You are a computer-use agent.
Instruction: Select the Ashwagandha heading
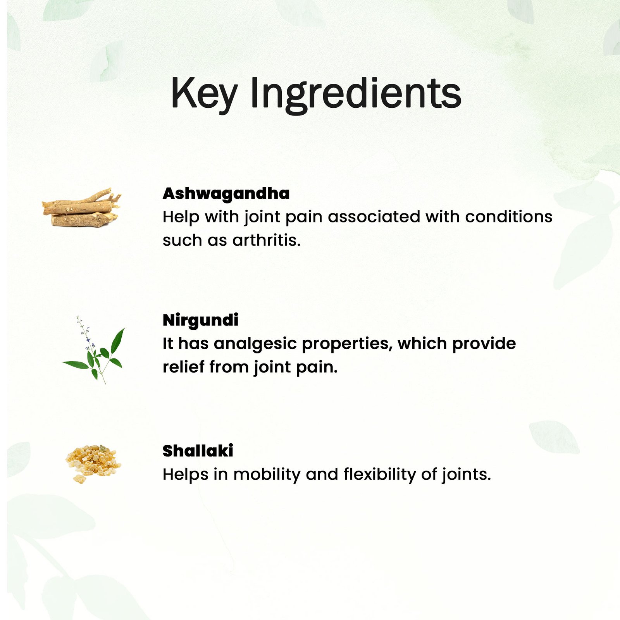[226, 193]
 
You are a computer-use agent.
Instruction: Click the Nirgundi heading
[200, 320]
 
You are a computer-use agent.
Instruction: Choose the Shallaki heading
[198, 451]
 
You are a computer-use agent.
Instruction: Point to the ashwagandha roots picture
[81, 207]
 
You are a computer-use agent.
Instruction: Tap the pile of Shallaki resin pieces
[93, 463]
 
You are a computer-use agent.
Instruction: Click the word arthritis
[267, 240]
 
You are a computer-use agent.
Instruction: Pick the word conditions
[508, 217]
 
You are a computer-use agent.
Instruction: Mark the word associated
[374, 217]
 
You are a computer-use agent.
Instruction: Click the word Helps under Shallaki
[186, 475]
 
